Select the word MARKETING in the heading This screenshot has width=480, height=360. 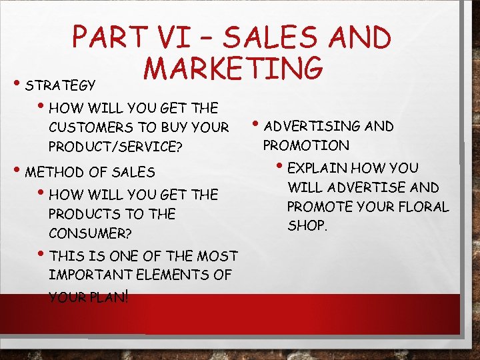point(233,68)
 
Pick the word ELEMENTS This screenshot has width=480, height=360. point(176,275)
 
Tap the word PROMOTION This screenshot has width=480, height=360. point(306,145)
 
